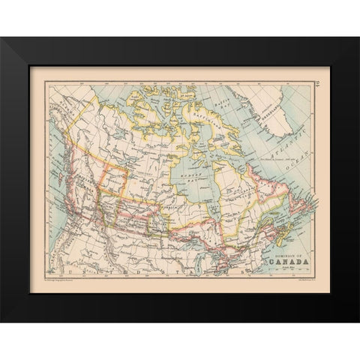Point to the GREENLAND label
click(x=279, y=107)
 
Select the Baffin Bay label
click(x=223, y=111)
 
